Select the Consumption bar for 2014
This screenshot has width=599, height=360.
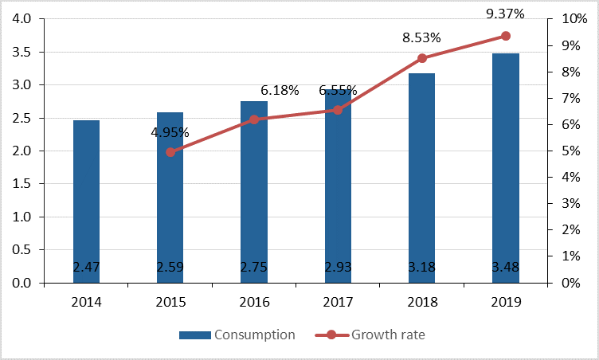86,199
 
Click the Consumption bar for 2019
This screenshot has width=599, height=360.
505,167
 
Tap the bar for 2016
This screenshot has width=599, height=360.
254,191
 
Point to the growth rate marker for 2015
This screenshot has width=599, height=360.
170,152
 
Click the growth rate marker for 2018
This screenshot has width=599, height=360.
422,58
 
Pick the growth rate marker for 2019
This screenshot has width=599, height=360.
506,36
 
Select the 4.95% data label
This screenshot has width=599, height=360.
170,131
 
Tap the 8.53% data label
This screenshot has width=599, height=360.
421,37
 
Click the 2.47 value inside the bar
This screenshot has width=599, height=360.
86,267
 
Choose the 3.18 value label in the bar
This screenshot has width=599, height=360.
421,267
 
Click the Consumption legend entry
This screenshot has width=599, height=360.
237,335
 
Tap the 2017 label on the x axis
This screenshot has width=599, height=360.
338,302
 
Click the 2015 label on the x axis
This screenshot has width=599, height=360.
170,302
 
